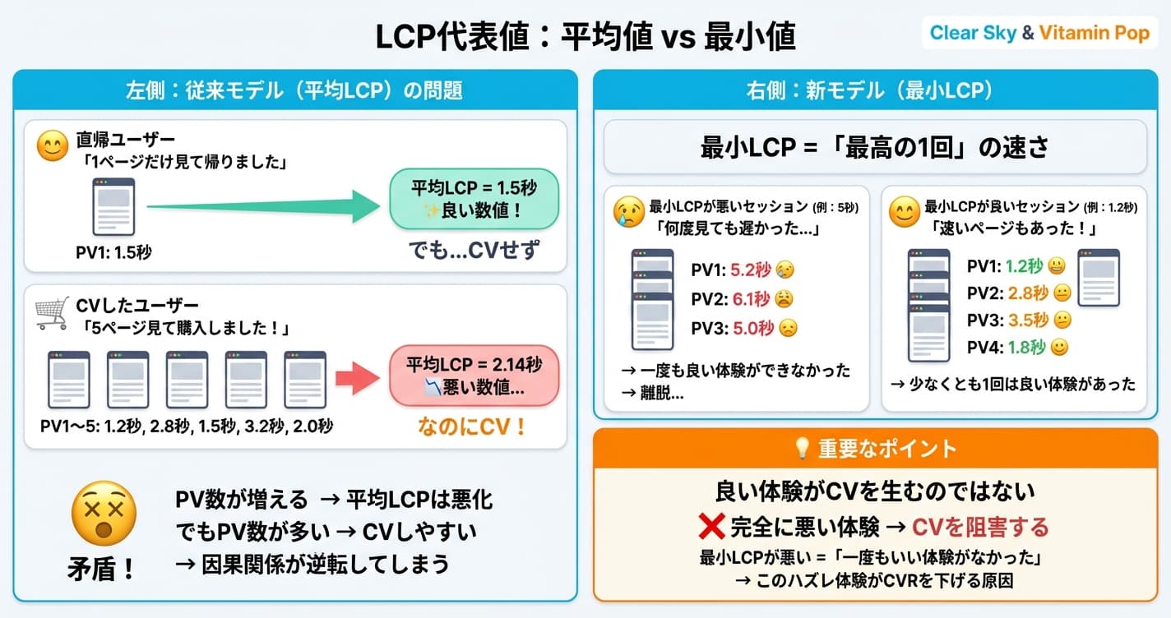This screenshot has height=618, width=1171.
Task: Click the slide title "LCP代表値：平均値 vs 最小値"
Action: coord(585,37)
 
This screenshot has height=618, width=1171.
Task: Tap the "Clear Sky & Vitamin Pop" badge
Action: coord(1039,34)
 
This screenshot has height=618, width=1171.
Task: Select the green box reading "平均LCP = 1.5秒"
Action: coord(474,199)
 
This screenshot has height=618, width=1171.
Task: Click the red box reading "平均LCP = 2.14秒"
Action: coord(474,376)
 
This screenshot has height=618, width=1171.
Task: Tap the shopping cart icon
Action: coord(51,313)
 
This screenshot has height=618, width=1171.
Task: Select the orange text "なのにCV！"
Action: coord(473,428)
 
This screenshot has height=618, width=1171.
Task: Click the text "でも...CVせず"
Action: coord(474,250)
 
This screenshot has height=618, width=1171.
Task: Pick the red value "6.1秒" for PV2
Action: coord(751,299)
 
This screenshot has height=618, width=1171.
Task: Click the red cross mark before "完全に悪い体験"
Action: coord(710,526)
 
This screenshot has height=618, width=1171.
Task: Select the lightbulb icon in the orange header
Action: coord(801,449)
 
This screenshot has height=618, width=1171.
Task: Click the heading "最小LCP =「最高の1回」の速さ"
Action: coord(875,147)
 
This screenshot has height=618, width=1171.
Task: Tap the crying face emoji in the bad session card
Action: coord(630,213)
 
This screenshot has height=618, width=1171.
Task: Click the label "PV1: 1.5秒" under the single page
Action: coord(113,252)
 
